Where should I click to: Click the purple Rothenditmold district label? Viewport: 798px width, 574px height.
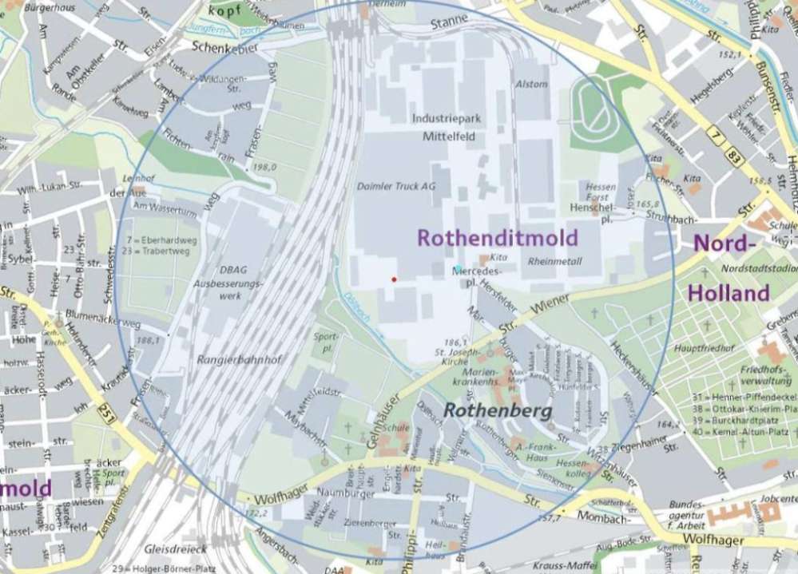coord(497,238)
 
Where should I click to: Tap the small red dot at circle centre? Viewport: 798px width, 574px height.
coord(393,279)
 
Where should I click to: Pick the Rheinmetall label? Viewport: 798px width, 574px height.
coord(554,261)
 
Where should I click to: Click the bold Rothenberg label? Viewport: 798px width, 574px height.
coord(498,411)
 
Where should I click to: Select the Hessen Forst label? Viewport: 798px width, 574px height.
coord(601,192)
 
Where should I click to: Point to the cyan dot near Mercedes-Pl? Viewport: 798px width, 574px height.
coord(458,267)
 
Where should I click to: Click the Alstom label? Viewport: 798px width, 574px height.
coord(532,84)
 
